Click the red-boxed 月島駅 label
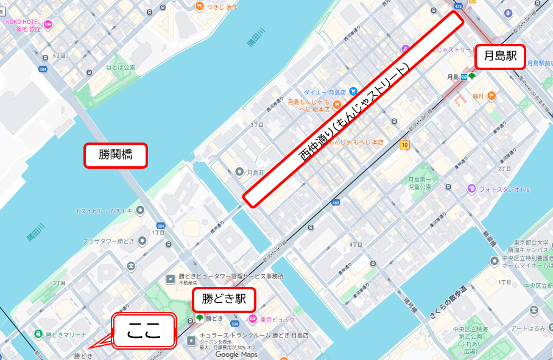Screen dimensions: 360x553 pyautogui.click(x=500, y=57)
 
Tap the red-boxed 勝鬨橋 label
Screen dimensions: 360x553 pyautogui.click(x=115, y=155)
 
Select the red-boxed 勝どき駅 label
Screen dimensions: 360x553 pyautogui.click(x=224, y=299)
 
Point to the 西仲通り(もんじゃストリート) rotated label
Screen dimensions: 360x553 pyautogui.click(x=353, y=110)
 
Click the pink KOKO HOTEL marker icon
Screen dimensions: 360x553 pyautogui.click(x=48, y=24)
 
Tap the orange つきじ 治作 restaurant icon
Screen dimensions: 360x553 pyautogui.click(x=199, y=6)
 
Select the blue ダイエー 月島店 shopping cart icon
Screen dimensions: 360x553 pyautogui.click(x=353, y=91)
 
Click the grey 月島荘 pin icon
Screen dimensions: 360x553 pyautogui.click(x=239, y=172)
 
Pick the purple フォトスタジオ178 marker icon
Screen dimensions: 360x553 pyautogui.click(x=471, y=189)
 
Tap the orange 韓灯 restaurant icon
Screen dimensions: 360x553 pyautogui.click(x=491, y=96)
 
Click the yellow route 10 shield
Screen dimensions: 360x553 pyautogui.click(x=404, y=144)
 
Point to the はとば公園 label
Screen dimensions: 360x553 pyautogui.click(x=121, y=68)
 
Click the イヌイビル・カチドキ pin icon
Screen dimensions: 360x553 pyautogui.click(x=141, y=210)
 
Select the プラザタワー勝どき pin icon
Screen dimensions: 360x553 pyautogui.click(x=142, y=241)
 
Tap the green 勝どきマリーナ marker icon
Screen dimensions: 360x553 pyautogui.click(x=38, y=333)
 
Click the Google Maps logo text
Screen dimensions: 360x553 pyautogui.click(x=236, y=355)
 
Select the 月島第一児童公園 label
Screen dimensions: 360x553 pyautogui.click(x=420, y=183)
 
